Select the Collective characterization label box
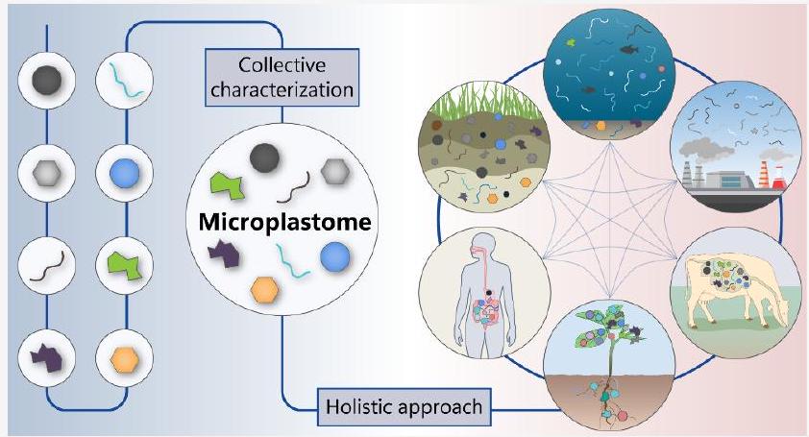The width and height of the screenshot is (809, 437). click(283, 78)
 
